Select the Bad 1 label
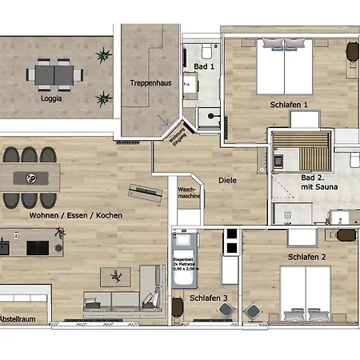(x=205, y=66)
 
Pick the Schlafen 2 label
(x=306, y=257)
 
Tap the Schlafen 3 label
(x=208, y=298)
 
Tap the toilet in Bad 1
(x=201, y=47)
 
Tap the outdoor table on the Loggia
(x=54, y=75)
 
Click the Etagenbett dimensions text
(x=182, y=265)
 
